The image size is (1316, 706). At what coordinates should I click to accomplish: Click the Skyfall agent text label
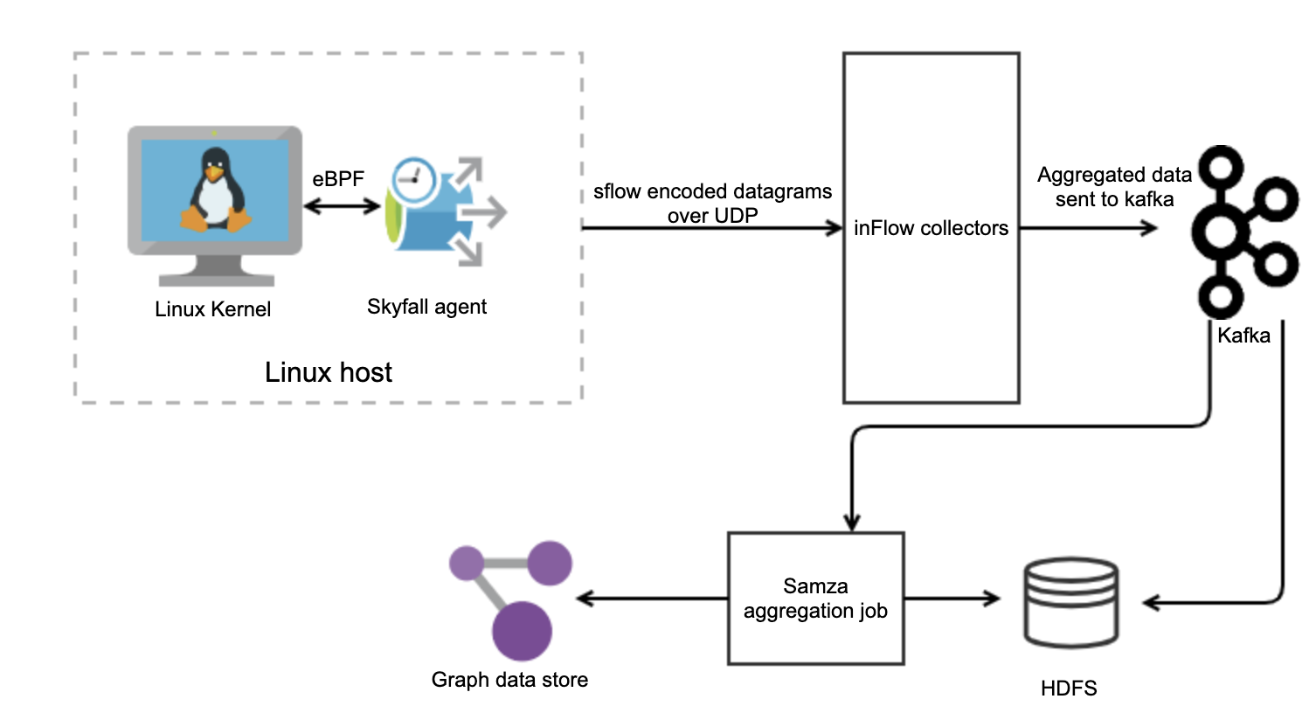click(x=427, y=307)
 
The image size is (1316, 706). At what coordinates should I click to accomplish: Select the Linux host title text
click(x=329, y=373)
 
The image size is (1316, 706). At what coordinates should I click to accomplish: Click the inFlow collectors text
click(x=932, y=229)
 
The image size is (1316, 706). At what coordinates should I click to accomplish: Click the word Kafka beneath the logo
click(x=1243, y=336)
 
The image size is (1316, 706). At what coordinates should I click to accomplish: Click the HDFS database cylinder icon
click(x=1070, y=602)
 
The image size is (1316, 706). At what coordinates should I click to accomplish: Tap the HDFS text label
click(x=1069, y=688)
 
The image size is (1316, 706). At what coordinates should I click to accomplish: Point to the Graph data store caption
click(x=509, y=679)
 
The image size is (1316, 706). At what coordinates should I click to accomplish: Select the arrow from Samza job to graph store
click(x=652, y=599)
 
